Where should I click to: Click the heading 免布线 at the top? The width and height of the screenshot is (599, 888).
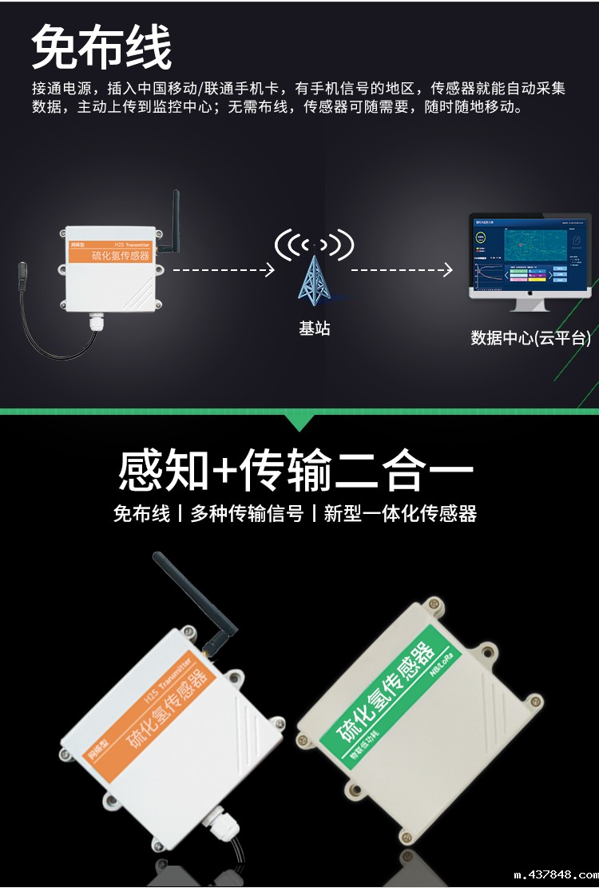tap(101, 47)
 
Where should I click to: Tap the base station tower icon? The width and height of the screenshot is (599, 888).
tap(313, 273)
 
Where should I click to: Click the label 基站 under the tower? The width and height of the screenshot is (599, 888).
tap(314, 329)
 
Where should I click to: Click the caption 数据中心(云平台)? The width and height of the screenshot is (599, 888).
tap(530, 338)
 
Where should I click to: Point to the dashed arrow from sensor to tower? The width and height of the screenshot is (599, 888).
tap(224, 270)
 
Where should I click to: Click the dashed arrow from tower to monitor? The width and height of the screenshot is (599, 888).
tap(402, 270)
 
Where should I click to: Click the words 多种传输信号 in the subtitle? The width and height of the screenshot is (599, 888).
tap(247, 514)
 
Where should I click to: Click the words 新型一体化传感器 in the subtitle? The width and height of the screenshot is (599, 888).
tap(400, 514)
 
